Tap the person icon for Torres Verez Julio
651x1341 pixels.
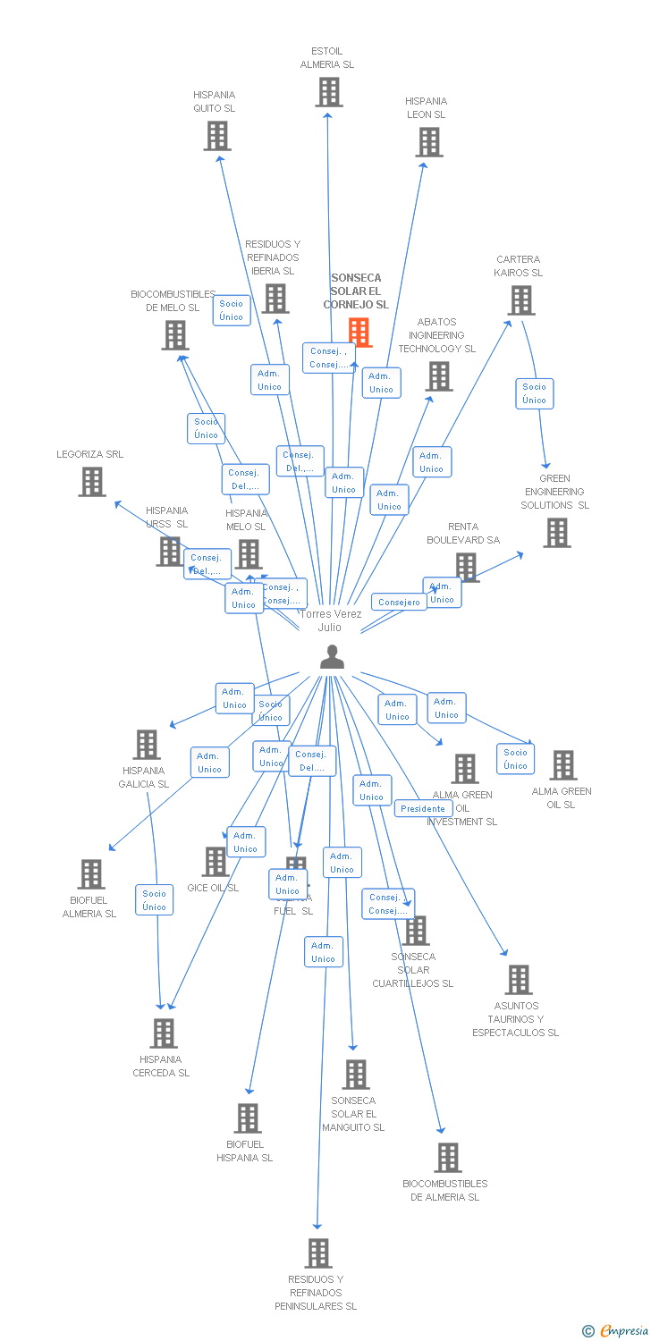(332, 657)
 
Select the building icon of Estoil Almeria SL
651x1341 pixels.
(328, 92)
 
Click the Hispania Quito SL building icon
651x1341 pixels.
(216, 136)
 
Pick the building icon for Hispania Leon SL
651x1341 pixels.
(428, 142)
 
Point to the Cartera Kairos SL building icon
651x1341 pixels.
(521, 300)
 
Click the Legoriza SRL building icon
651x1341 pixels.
(92, 482)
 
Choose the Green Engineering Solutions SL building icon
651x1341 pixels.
(557, 533)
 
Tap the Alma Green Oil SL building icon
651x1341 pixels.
(563, 765)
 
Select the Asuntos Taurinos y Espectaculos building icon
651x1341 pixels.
(518, 980)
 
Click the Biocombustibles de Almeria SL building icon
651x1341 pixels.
(447, 1158)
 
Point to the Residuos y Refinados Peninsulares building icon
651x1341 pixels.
(317, 1253)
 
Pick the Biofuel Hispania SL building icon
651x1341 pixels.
(248, 1118)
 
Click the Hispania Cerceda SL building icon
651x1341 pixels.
(164, 1033)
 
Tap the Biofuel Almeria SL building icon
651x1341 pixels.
(91, 874)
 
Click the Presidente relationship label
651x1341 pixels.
(423, 808)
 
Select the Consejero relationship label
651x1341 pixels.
(399, 603)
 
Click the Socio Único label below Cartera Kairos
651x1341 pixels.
(535, 393)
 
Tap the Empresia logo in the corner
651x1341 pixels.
(616, 1331)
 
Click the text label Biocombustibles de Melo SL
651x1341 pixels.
(173, 300)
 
